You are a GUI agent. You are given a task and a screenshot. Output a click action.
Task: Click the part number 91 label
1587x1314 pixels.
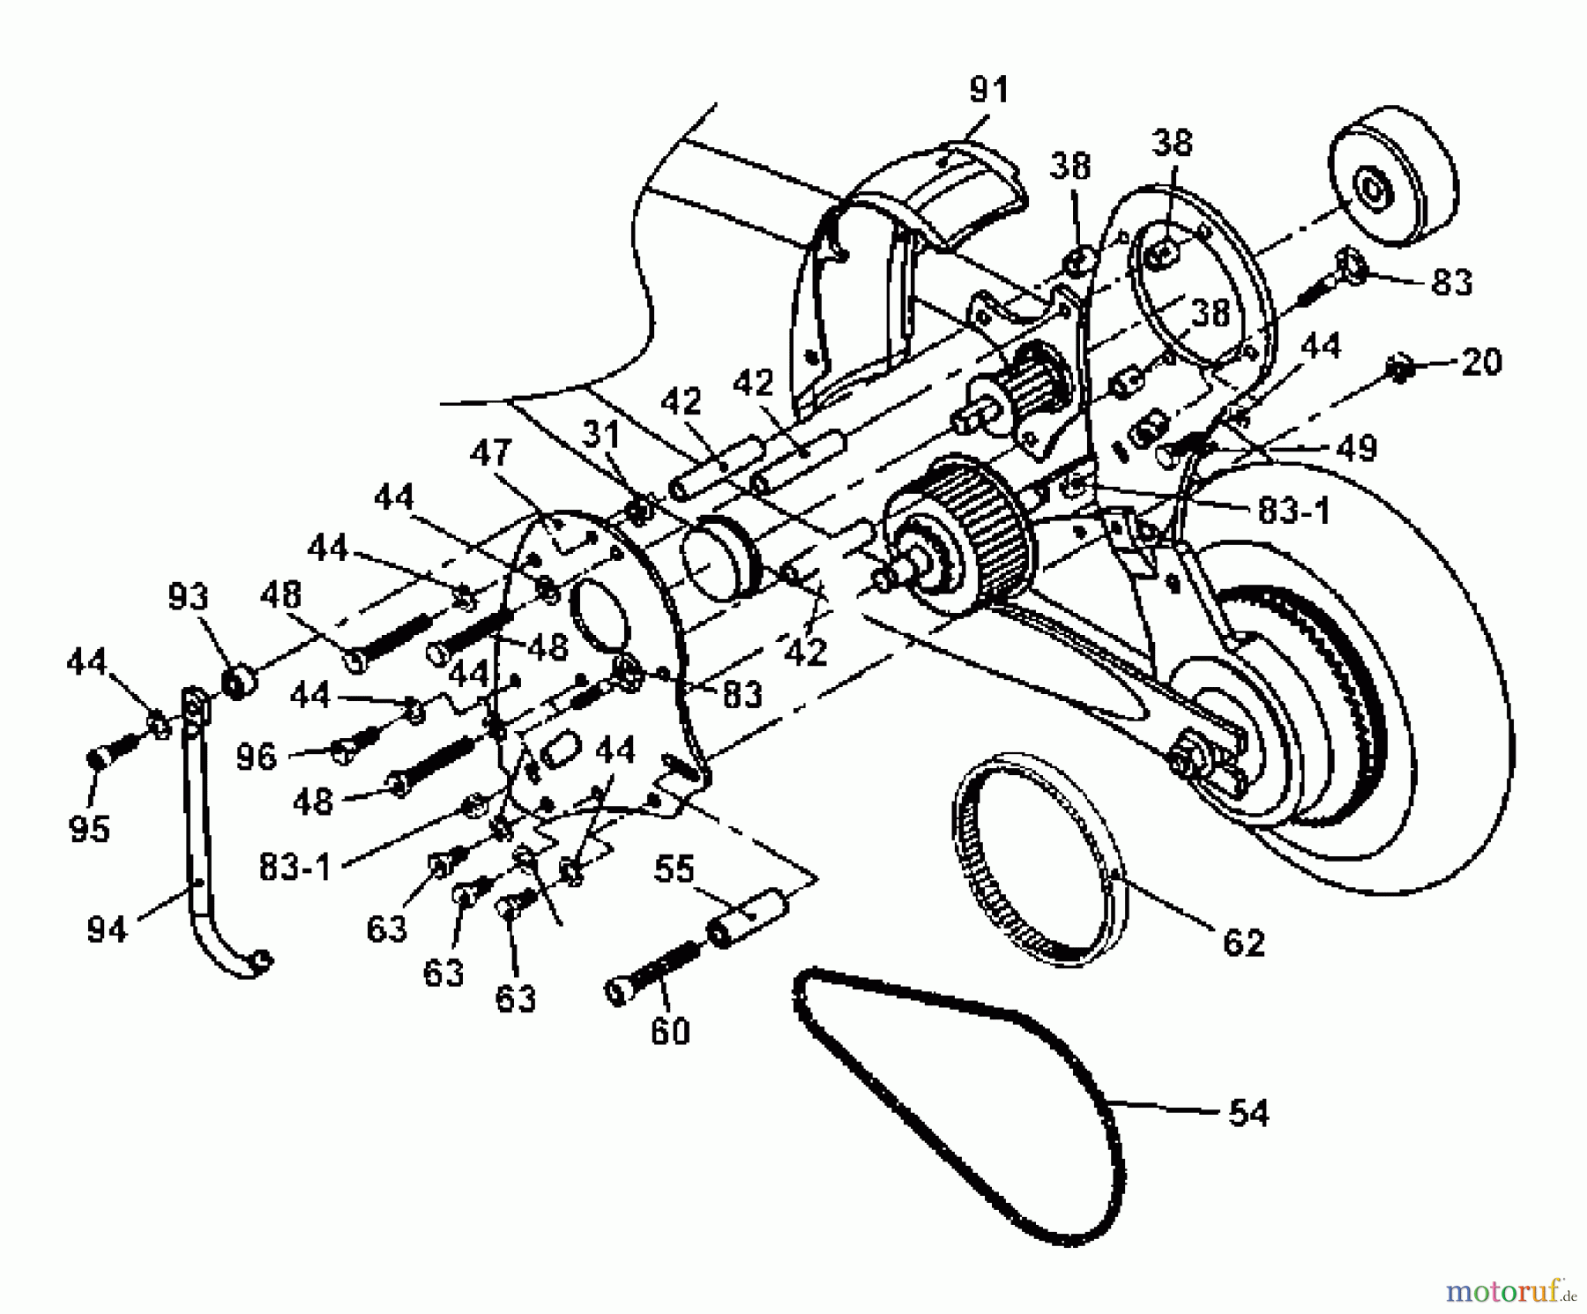(x=988, y=91)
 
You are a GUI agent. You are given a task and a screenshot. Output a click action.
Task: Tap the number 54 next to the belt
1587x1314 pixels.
(x=1248, y=1113)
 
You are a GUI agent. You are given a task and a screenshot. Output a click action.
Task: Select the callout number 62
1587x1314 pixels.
(x=1244, y=943)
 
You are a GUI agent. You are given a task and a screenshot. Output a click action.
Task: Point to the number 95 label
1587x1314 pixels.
(x=89, y=829)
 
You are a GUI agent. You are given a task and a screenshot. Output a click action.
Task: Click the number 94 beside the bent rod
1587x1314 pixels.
(x=108, y=929)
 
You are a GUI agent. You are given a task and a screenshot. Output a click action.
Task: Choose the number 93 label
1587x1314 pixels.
(x=189, y=598)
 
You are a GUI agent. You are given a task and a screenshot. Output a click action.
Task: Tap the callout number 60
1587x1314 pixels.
(x=670, y=1031)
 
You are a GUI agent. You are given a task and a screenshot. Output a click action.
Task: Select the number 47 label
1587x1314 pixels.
(x=490, y=452)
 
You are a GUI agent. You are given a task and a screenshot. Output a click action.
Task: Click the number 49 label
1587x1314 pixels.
(x=1356, y=449)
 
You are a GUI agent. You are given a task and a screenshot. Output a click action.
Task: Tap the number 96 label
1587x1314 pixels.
(x=257, y=757)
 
